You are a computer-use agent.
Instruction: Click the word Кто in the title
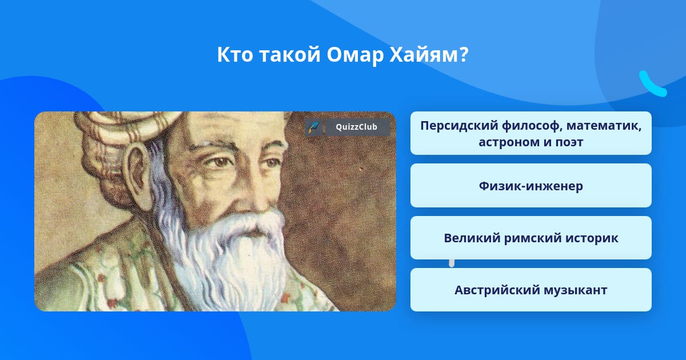[x=235, y=54]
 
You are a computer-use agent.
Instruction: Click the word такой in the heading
[x=290, y=54]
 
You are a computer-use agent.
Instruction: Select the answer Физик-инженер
[x=531, y=186]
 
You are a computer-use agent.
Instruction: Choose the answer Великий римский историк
[x=531, y=238]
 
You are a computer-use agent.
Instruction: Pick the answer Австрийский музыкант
[x=531, y=290]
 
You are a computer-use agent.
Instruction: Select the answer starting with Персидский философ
[x=531, y=133]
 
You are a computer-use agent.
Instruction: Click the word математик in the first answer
[x=604, y=126]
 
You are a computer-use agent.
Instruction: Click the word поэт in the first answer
[x=569, y=142]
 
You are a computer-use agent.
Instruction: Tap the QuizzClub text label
[x=356, y=127]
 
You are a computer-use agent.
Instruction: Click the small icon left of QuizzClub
[x=314, y=127]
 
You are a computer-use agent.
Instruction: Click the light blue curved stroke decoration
[x=652, y=84]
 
